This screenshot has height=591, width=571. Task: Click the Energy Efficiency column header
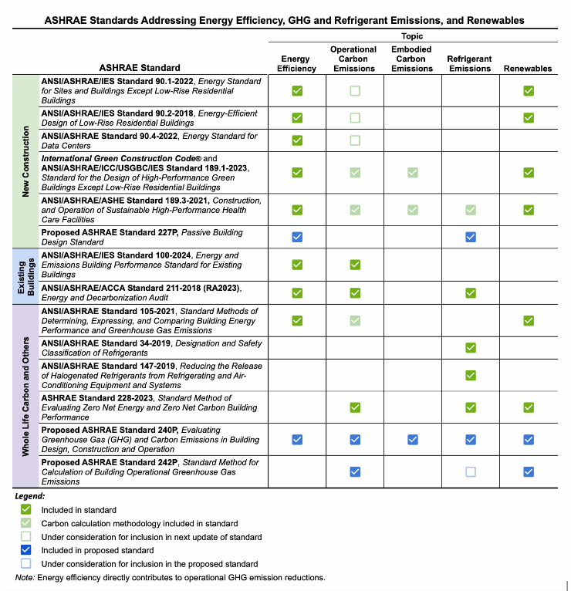(297, 63)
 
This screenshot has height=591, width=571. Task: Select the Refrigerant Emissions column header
(469, 63)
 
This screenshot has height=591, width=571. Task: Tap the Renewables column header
(528, 68)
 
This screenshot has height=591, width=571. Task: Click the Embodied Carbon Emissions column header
(412, 59)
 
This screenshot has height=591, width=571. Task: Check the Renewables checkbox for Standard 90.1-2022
(529, 91)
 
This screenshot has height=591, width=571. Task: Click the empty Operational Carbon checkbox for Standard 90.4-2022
(355, 140)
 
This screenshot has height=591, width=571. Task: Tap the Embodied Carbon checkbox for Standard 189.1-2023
(413, 173)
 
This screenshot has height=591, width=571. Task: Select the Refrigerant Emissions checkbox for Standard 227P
(470, 237)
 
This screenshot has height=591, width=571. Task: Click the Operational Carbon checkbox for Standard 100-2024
(355, 265)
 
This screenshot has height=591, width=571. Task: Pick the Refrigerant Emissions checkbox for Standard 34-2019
(470, 348)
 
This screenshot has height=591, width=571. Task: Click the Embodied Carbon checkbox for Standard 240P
(413, 440)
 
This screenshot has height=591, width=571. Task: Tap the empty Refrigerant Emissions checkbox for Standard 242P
(470, 471)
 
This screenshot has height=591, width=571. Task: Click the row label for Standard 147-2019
(151, 375)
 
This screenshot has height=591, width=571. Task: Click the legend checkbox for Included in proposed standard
(25, 550)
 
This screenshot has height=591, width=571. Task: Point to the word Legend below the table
(30, 496)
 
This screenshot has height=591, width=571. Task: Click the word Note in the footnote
(25, 578)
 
